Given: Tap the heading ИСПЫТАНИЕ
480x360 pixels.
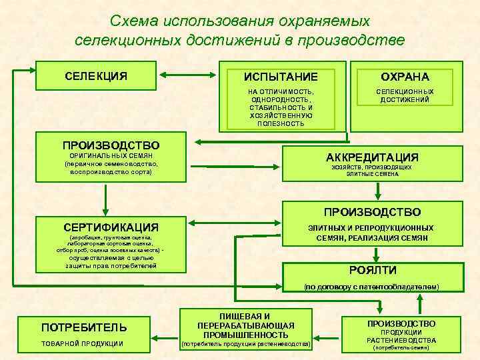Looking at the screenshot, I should pyautogui.click(x=281, y=77).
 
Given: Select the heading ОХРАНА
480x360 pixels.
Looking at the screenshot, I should pyautogui.click(x=405, y=77).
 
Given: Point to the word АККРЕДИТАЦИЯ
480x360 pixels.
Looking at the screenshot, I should pyautogui.click(x=372, y=157).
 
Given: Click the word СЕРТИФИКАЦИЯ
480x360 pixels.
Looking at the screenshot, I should pyautogui.click(x=111, y=227).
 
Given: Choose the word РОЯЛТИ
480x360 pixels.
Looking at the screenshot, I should pyautogui.click(x=373, y=270).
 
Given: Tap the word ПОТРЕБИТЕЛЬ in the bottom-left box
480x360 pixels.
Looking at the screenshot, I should pyautogui.click(x=84, y=327).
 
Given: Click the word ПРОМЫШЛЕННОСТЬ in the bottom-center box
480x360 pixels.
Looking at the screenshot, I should pyautogui.click(x=245, y=334).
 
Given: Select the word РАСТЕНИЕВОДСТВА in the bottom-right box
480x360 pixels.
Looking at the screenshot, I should pyautogui.click(x=401, y=340).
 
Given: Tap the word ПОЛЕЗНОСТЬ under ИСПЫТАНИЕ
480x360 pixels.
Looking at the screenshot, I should pyautogui.click(x=281, y=123).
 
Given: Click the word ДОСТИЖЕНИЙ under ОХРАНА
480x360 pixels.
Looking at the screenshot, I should pyautogui.click(x=405, y=99).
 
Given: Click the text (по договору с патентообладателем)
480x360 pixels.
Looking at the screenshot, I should pyautogui.click(x=372, y=286).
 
